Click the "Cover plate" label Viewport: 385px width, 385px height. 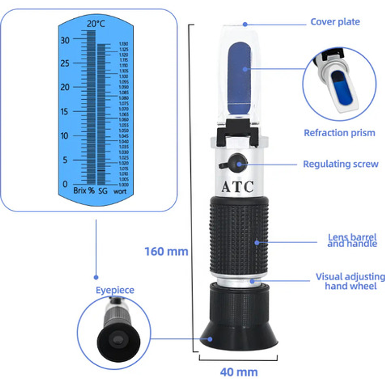335,22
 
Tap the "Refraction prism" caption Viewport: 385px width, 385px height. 339,133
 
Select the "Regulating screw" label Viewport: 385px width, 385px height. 340,164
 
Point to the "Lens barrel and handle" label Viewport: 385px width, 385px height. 352,240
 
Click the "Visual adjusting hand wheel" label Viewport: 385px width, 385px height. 350,281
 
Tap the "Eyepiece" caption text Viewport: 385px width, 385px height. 115,290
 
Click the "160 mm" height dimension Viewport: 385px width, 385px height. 166,251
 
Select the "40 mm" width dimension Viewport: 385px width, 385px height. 239,372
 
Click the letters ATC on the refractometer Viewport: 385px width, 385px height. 237,186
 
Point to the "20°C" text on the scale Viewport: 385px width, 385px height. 96,23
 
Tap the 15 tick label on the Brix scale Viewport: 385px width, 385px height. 64,111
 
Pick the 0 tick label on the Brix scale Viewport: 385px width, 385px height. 64,184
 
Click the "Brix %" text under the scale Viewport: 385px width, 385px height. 84,191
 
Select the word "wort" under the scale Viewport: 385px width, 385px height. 120,191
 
